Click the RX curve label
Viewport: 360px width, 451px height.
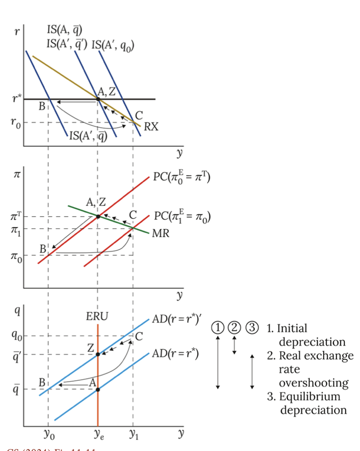151,127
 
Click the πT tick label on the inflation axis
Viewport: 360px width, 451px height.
16,216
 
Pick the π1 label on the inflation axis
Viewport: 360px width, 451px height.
16,229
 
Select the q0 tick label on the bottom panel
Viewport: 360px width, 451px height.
16,336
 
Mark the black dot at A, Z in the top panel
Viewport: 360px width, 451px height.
98,99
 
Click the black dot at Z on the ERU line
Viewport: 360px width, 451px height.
98,354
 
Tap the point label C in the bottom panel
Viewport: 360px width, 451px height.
139,337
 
